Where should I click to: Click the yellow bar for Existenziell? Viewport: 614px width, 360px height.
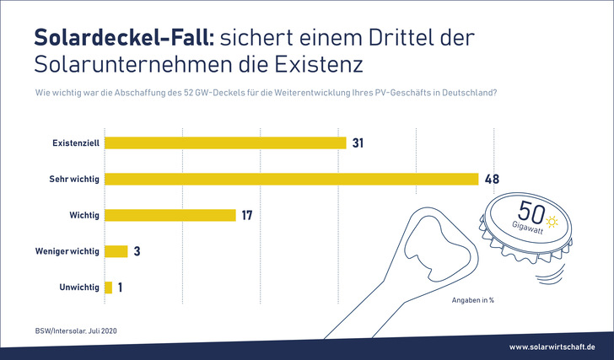pos(224,142)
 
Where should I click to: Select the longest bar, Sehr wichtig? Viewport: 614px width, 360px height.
pos(290,179)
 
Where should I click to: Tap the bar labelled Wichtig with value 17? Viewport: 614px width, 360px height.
pos(170,215)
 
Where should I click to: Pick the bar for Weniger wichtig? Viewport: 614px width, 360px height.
pos(116,251)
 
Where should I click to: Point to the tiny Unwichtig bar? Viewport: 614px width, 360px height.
pos(108,287)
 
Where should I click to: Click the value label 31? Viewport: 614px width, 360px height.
pos(358,142)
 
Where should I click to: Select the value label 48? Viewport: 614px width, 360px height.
pos(493,179)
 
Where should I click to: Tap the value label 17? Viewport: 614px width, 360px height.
pos(247,215)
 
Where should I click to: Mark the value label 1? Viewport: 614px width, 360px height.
pos(121,287)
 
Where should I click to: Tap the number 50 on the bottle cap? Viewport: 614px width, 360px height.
pos(529,211)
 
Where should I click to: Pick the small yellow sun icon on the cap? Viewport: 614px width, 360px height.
pos(552,221)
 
